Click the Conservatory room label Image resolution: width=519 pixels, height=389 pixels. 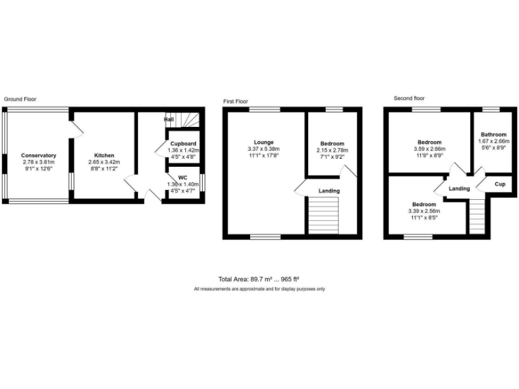pos(38,156)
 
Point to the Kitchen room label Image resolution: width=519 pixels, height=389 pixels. pos(104,156)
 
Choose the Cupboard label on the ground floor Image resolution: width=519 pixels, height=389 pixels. pos(183,144)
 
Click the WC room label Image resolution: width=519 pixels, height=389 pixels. pos(182,177)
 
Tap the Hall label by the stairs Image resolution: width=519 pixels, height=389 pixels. pos(169,120)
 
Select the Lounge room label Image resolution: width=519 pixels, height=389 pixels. pos(264,142)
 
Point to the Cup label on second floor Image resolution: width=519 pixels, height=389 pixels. pos(500,184)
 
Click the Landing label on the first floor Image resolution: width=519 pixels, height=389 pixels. pos(328,191)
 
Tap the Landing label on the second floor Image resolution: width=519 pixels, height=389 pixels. pos(460,188)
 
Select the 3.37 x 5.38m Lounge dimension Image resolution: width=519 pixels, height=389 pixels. pos(264,149)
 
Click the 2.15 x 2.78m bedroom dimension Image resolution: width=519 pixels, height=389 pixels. pos(332,150)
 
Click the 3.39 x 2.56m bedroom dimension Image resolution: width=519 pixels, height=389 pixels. pos(423,211)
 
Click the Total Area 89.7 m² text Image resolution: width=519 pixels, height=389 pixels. pos(259,279)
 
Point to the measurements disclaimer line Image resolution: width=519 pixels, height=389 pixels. pos(259,289)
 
